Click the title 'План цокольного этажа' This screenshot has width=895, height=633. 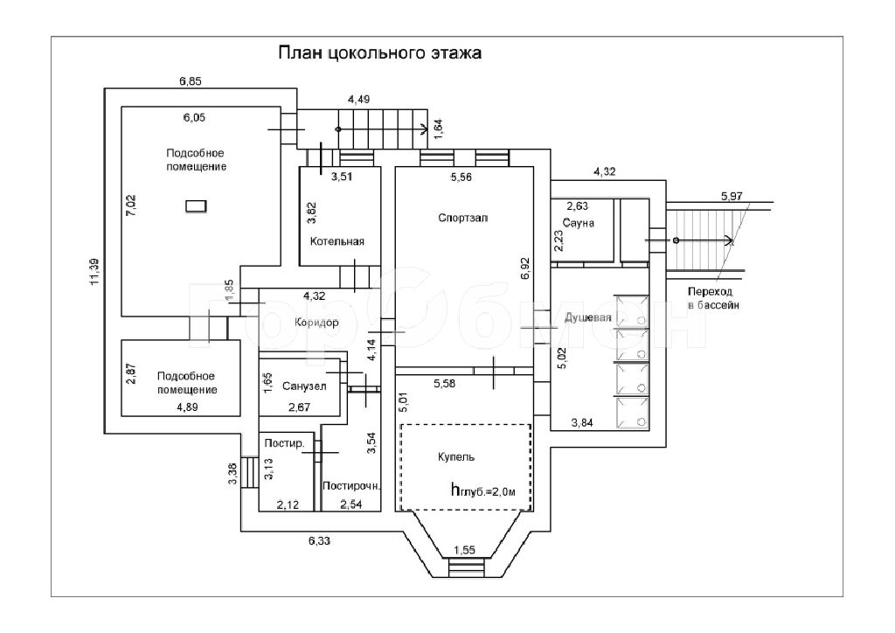pyautogui.click(x=379, y=53)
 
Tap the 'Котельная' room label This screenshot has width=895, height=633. pyautogui.click(x=336, y=241)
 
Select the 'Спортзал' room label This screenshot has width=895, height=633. pyautogui.click(x=463, y=218)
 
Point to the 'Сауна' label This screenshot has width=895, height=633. pyautogui.click(x=579, y=223)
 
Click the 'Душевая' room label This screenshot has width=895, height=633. pyautogui.click(x=587, y=318)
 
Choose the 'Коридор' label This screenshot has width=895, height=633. pyautogui.click(x=316, y=323)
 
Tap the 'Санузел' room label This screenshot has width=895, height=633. pyautogui.click(x=304, y=386)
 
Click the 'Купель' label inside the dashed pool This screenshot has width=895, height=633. pyautogui.click(x=456, y=457)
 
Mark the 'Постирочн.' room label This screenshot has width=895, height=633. pyautogui.click(x=351, y=486)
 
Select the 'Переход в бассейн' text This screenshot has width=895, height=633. pyautogui.click(x=713, y=298)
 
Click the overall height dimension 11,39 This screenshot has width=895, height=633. pyautogui.click(x=94, y=272)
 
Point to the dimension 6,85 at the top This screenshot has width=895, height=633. pyautogui.click(x=191, y=81)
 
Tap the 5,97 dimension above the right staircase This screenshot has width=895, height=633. pyautogui.click(x=732, y=197)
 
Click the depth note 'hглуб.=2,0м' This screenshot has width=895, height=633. pyautogui.click(x=482, y=490)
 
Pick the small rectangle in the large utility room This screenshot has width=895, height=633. pyautogui.click(x=196, y=206)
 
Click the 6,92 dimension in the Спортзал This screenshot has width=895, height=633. pyautogui.click(x=525, y=268)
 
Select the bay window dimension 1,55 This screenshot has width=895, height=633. pyautogui.click(x=464, y=551)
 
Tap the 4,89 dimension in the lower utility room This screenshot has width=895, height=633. pyautogui.click(x=187, y=407)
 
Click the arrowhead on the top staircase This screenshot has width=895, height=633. pyautogui.click(x=424, y=129)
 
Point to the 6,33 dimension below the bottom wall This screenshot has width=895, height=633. pyautogui.click(x=319, y=541)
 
